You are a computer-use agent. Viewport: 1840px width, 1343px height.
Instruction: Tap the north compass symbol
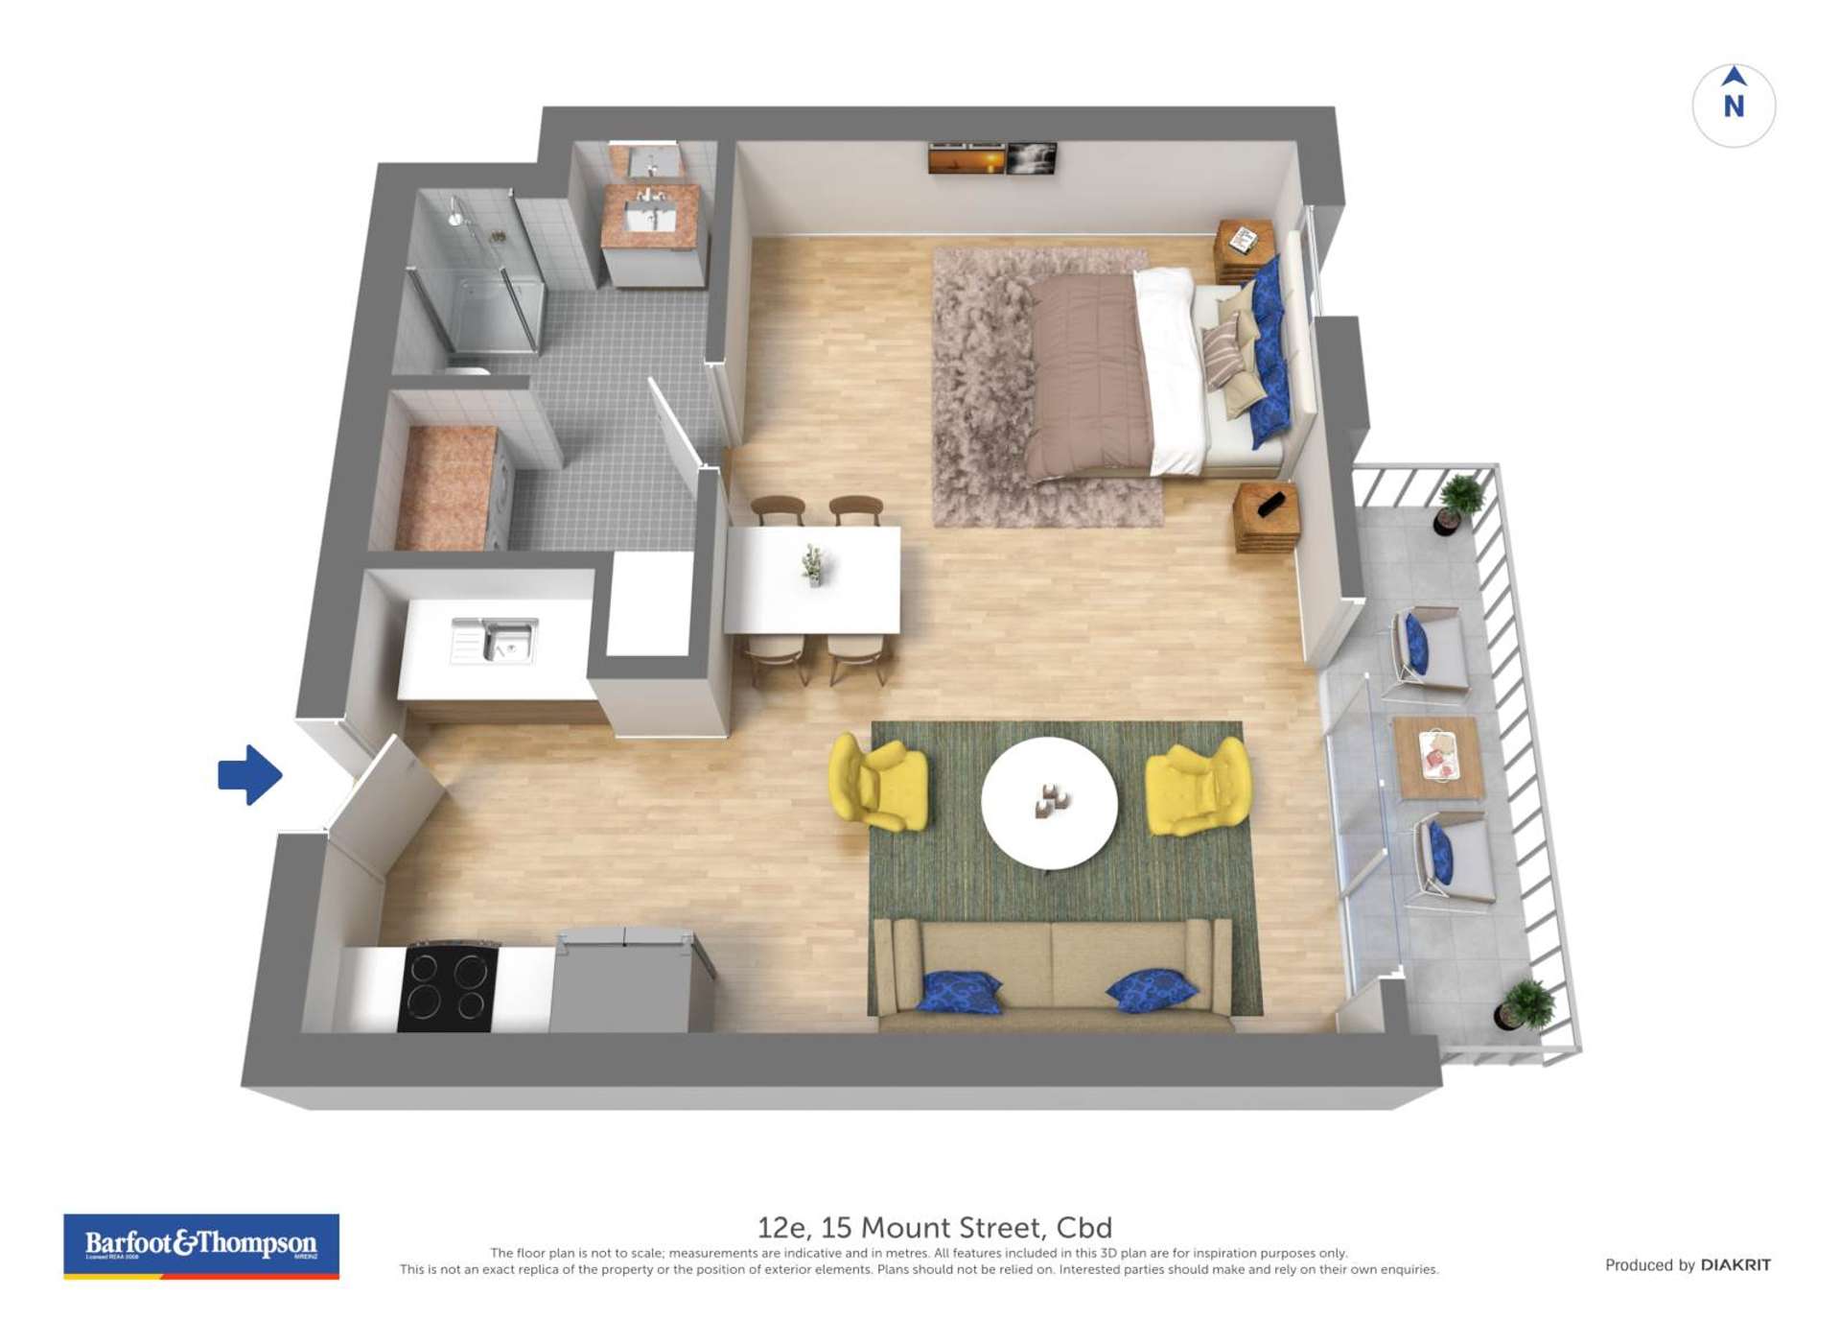[1733, 105]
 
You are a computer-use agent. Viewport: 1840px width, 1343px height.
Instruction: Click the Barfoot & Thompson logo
[201, 1245]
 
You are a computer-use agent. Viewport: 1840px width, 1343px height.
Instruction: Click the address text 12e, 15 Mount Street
[934, 1227]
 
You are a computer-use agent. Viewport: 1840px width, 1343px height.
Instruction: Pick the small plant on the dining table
[813, 564]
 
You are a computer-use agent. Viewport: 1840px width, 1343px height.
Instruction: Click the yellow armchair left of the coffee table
[878, 782]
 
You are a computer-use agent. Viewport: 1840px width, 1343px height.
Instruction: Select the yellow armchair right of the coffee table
[1199, 786]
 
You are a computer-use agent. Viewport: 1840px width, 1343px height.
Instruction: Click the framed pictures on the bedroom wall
[992, 158]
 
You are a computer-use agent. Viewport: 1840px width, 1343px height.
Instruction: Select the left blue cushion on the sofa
[959, 991]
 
